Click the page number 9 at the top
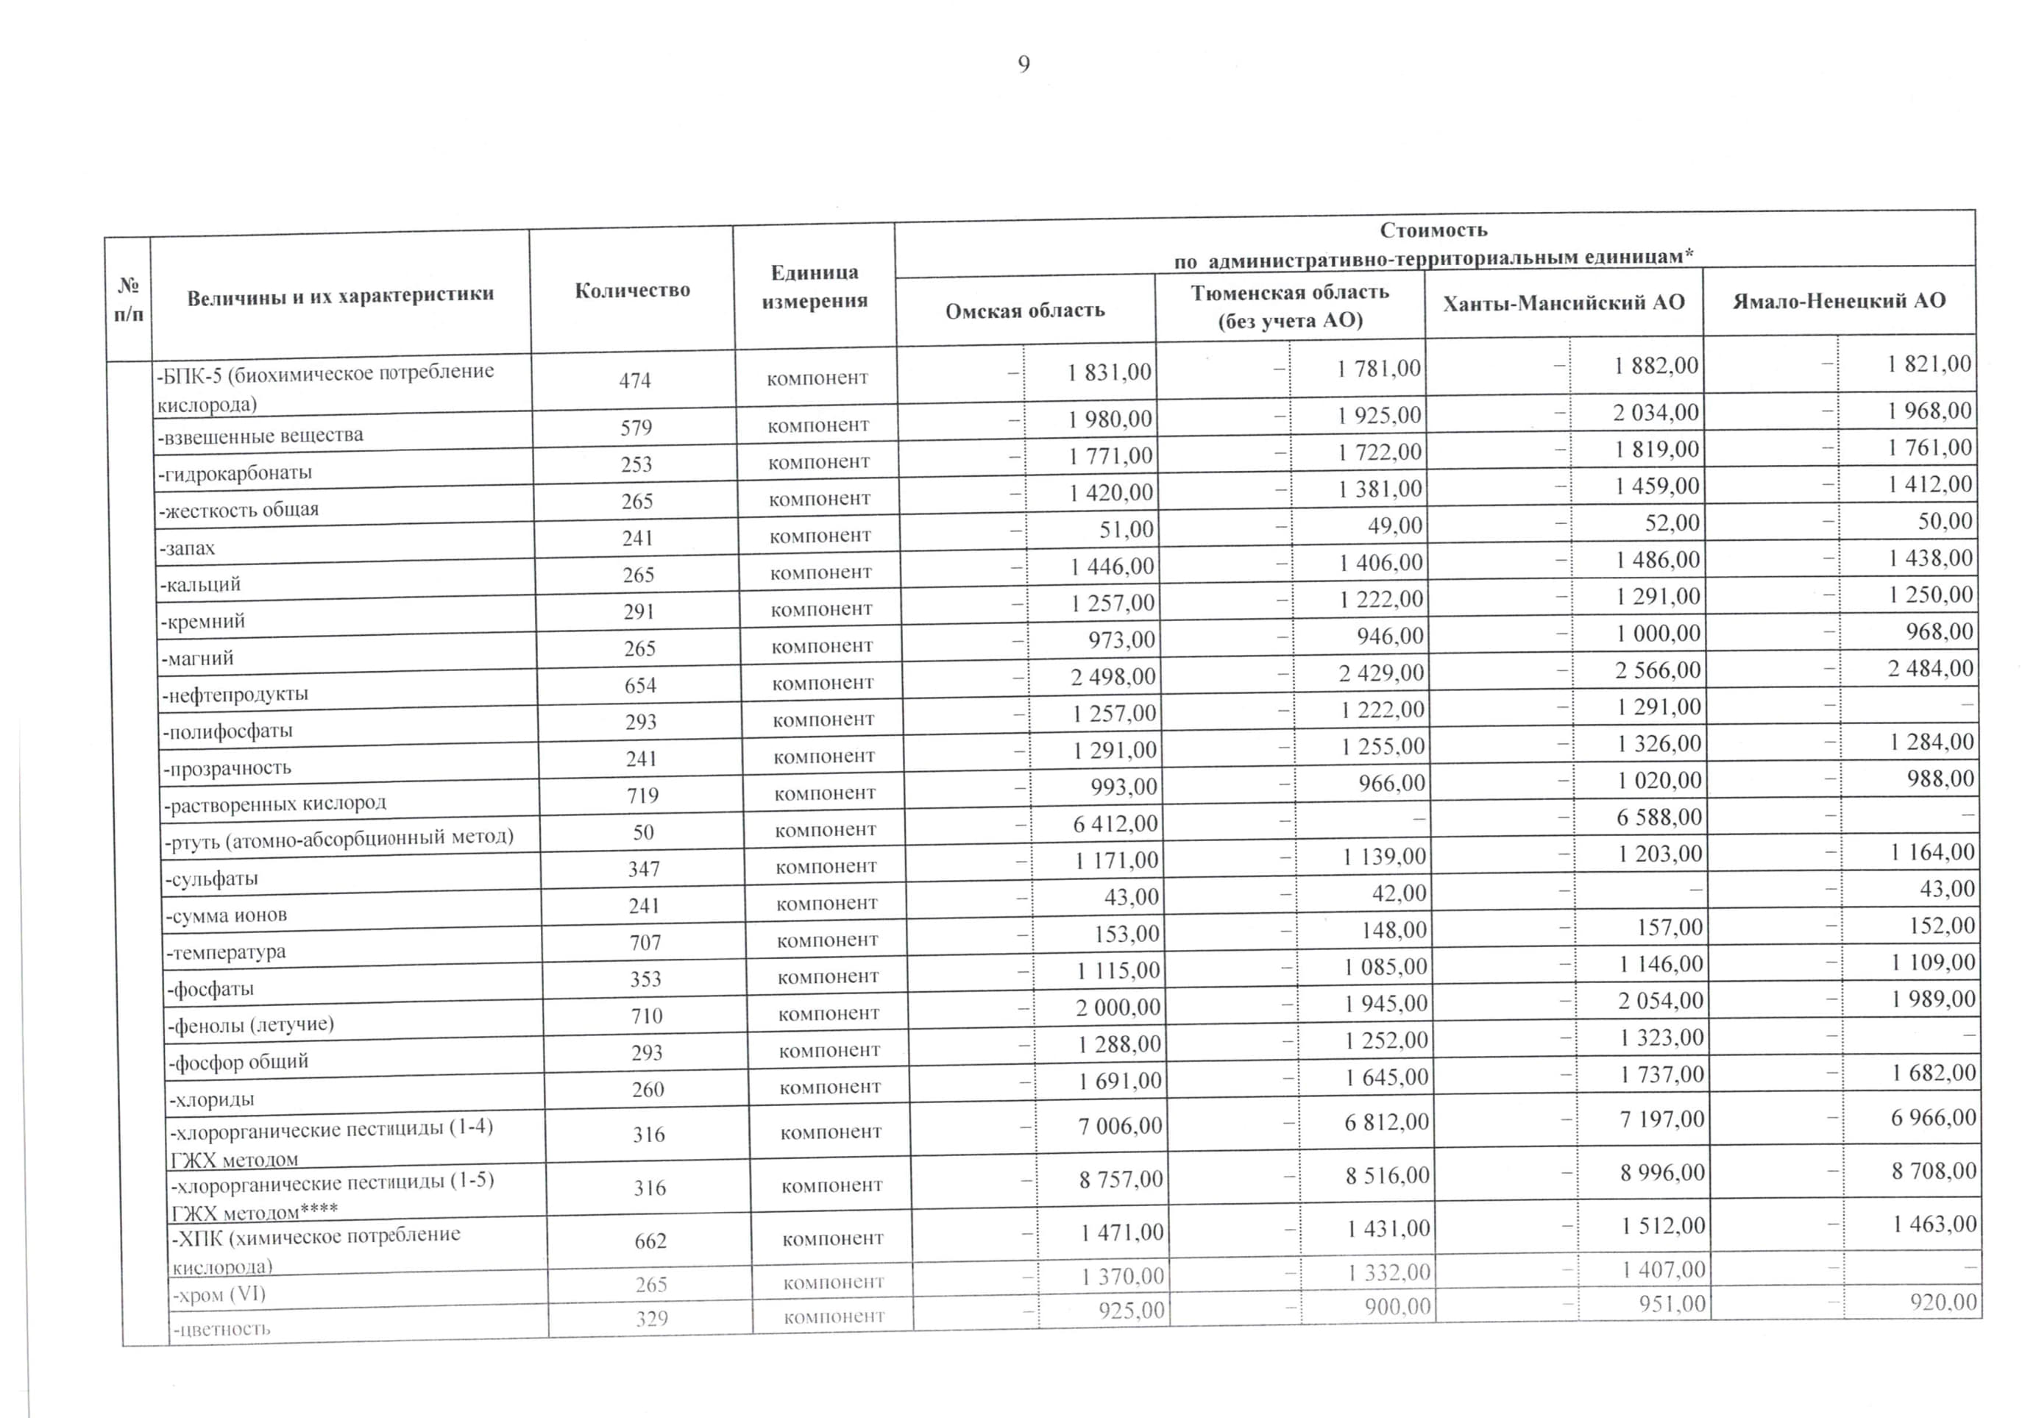tap(1024, 64)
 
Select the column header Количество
tap(632, 291)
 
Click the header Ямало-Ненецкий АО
tap(1839, 301)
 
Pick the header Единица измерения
tap(815, 286)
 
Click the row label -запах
tap(188, 547)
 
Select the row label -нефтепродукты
tap(235, 694)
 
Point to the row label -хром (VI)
tap(219, 1294)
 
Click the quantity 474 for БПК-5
tap(634, 380)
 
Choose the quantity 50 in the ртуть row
tap(643, 832)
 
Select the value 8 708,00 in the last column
tap(1934, 1171)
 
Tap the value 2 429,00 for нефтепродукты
tap(1381, 673)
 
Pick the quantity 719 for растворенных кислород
tap(642, 795)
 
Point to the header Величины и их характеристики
tap(340, 296)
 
